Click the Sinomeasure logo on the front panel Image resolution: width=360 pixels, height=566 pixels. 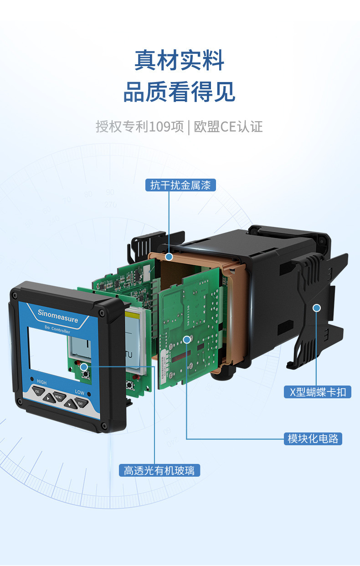[58, 316]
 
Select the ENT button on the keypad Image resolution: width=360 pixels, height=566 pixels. [81, 403]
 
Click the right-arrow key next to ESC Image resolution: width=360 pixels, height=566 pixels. [49, 398]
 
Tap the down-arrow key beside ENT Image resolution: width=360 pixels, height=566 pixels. [70, 404]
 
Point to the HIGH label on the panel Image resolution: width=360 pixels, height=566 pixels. [41, 382]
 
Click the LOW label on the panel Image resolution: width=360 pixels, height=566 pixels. [80, 392]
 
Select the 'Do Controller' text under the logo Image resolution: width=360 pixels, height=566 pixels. [57, 329]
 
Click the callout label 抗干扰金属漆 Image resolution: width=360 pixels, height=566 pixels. [180, 185]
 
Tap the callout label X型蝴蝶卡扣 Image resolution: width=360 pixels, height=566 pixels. [318, 392]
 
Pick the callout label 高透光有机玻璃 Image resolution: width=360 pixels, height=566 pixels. [159, 470]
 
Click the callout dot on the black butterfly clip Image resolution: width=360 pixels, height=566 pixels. [317, 308]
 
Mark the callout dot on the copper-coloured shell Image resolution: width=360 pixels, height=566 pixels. [169, 257]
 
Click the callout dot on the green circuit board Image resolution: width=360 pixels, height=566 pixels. [187, 340]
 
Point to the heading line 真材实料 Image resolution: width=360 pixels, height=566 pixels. [180, 60]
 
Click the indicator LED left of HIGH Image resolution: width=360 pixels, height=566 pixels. [32, 379]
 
